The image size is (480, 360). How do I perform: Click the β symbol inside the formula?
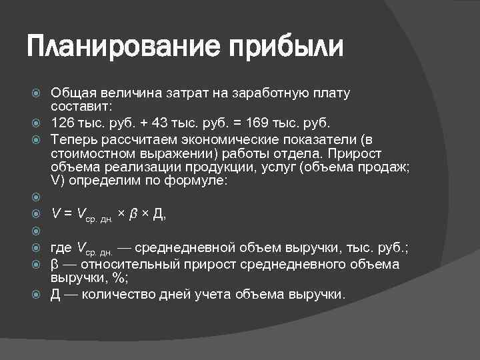133,214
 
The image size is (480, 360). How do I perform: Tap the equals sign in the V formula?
67,214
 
